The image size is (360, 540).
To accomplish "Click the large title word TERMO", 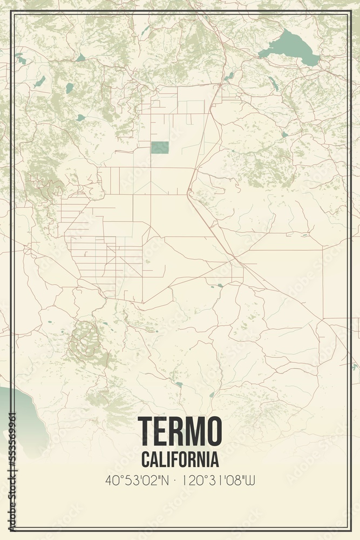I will (180, 430).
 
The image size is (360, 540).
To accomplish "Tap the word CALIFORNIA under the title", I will (180, 460).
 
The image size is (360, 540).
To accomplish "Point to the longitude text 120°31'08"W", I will (218, 480).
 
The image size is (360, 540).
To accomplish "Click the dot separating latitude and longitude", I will (176, 480).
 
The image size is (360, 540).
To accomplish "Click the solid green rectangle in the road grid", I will (160, 147).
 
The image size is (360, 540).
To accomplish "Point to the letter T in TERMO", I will (146, 430).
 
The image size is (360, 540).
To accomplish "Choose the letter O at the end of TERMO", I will (212, 430).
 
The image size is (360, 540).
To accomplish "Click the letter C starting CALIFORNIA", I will (146, 460).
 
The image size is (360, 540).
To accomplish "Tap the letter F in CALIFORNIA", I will (175, 460).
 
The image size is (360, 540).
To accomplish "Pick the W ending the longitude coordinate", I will (250, 480).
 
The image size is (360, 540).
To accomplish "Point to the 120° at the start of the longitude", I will (192, 480).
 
